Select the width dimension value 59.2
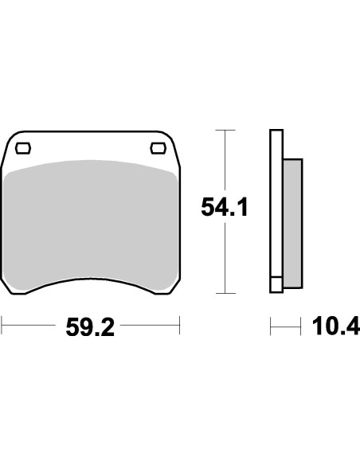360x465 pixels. [x=90, y=326]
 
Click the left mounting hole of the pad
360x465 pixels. [x=24, y=147]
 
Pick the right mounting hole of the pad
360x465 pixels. [x=157, y=147]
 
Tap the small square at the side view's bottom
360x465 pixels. [x=276, y=283]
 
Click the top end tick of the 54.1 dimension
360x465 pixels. [x=226, y=129]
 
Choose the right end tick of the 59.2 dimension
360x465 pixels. [x=180, y=326]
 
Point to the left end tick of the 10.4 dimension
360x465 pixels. [x=271, y=326]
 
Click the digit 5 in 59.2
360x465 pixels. [x=72, y=326]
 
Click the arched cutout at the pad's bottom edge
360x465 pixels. [x=90, y=281]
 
